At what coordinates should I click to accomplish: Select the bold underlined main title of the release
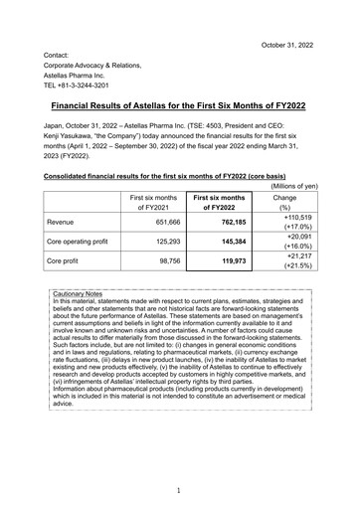point(179,103)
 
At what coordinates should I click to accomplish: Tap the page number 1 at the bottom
point(179,490)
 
